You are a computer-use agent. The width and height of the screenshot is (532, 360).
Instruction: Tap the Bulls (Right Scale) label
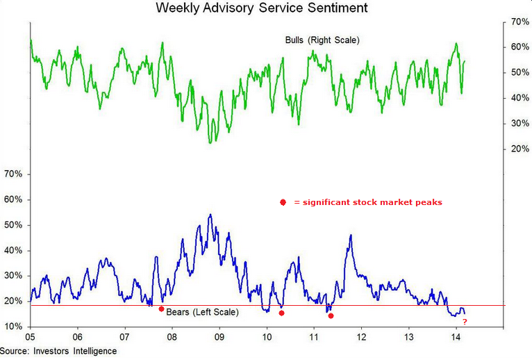[322, 40]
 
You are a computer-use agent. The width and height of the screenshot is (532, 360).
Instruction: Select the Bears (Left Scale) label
[202, 313]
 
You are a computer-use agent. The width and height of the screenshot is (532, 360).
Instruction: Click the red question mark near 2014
[464, 321]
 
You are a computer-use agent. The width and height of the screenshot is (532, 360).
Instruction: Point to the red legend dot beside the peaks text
[283, 202]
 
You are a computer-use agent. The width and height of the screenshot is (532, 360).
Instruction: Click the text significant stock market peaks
[368, 202]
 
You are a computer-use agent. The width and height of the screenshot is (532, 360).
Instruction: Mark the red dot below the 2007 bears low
[161, 309]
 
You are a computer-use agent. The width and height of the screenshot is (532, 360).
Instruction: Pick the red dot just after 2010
[281, 313]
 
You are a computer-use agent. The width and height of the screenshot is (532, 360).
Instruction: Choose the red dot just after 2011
[331, 316]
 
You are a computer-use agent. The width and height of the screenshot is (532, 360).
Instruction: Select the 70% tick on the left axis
[14, 174]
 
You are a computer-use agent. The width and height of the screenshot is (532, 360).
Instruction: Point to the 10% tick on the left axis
[14, 327]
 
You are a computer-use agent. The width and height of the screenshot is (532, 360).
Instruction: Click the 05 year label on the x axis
[31, 337]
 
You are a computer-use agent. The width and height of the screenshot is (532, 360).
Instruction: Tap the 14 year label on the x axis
[456, 337]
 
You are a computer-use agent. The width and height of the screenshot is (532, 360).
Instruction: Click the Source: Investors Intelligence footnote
[58, 351]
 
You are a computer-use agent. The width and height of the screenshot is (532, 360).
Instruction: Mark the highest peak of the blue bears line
[210, 215]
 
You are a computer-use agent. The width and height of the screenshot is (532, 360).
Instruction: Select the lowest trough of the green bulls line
[210, 142]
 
